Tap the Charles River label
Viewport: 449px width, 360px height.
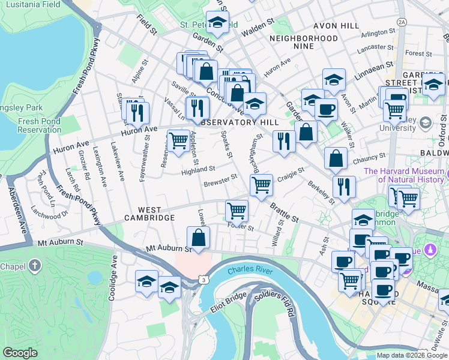[250, 271]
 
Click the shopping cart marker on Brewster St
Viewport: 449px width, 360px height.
[261, 185]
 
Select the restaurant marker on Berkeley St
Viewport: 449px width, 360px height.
[344, 187]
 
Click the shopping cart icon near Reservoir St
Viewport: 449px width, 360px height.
[178, 142]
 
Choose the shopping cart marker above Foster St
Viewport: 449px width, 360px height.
[237, 211]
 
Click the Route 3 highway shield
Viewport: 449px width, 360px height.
[205, 280]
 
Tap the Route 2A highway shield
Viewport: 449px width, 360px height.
[402, 22]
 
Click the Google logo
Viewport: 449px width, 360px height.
[20, 353]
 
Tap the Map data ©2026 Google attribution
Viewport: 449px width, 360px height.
[411, 355]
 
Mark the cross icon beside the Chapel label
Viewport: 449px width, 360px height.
[35, 265]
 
